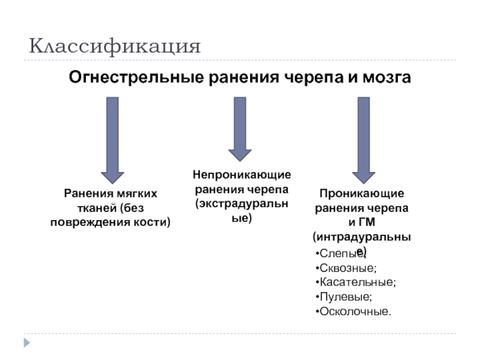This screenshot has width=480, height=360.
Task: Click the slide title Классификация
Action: [115, 46]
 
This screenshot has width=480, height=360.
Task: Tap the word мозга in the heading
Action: [386, 77]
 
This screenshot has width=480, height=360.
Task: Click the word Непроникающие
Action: [241, 174]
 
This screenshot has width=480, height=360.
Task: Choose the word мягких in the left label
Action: [137, 194]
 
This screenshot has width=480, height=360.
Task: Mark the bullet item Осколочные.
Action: [355, 311]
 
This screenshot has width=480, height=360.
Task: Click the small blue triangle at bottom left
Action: [26, 343]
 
